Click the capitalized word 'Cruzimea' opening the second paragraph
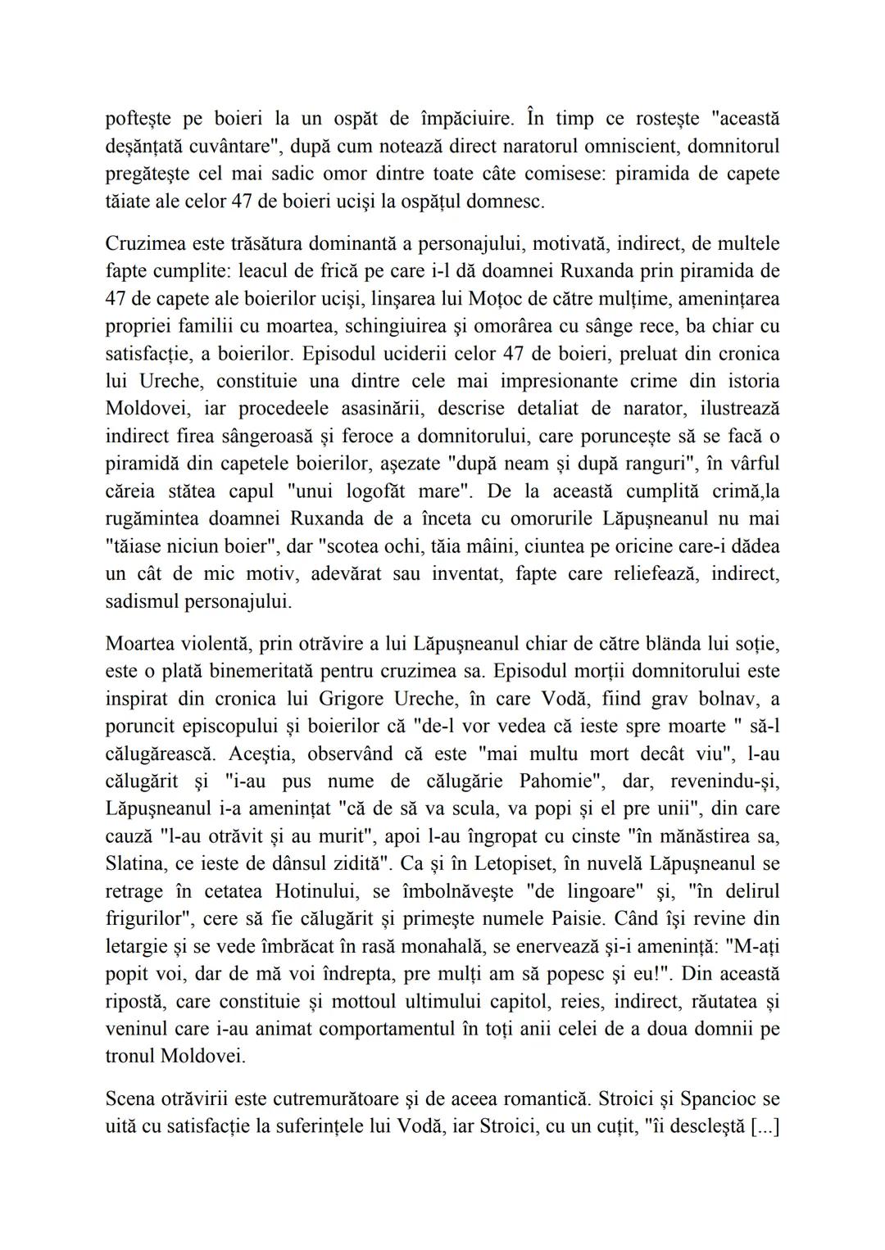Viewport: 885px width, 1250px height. pos(146,243)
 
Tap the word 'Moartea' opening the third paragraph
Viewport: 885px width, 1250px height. pos(140,644)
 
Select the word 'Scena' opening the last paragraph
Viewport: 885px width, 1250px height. pos(129,1098)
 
